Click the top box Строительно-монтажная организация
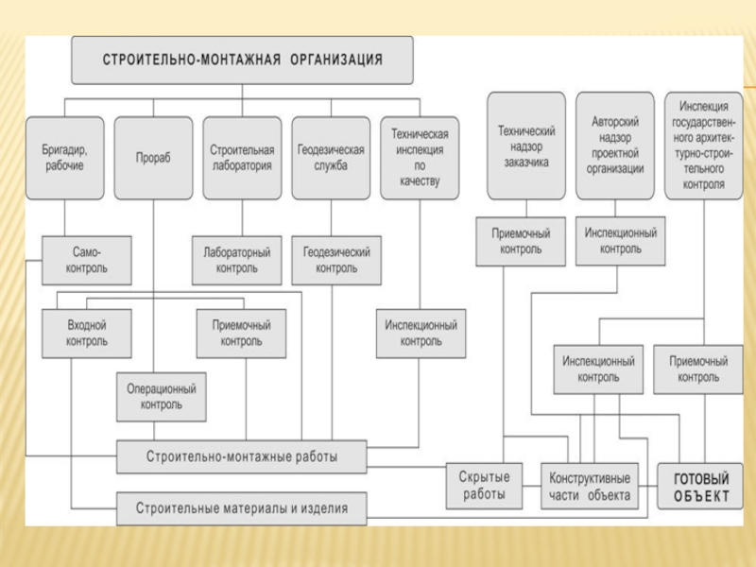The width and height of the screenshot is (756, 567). click(x=242, y=60)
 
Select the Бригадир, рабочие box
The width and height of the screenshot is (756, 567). click(x=64, y=158)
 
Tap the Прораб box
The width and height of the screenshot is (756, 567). click(x=153, y=158)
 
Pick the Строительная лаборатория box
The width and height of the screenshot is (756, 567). click(x=242, y=158)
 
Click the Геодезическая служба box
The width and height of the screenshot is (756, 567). click(x=331, y=158)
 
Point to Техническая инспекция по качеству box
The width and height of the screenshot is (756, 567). click(x=420, y=158)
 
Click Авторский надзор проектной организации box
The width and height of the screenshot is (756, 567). click(x=615, y=146)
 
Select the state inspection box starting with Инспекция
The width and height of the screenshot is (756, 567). click(x=704, y=146)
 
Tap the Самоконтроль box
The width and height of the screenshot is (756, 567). click(x=87, y=260)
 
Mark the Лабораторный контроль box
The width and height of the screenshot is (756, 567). click(x=236, y=260)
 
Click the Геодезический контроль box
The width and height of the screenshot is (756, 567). click(x=336, y=260)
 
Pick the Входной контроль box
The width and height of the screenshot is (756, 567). click(x=87, y=333)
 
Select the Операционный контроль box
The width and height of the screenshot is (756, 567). click(x=162, y=397)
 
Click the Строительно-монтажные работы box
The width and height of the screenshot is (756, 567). click(x=242, y=457)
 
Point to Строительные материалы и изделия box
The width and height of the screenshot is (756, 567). click(x=242, y=508)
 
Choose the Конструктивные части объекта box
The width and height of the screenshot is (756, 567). click(x=589, y=485)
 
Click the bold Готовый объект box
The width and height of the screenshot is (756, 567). click(x=701, y=485)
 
